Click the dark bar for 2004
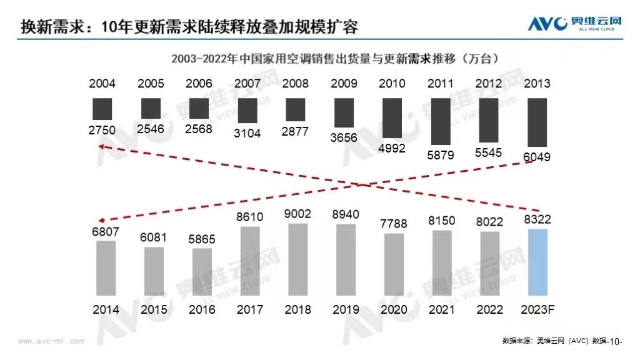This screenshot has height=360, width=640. [102, 109]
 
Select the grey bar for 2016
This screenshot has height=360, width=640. [202, 274]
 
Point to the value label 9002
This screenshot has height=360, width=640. [297, 214]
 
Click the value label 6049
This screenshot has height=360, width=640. [537, 157]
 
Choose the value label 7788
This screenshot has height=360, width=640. [394, 224]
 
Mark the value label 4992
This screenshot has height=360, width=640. [392, 148]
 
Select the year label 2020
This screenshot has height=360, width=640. [394, 309]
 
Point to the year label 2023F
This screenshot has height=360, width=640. [537, 309]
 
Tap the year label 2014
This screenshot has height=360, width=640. [106, 309]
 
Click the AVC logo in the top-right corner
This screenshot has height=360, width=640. [574, 23]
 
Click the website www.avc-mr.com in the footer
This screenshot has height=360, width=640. [51, 341]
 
